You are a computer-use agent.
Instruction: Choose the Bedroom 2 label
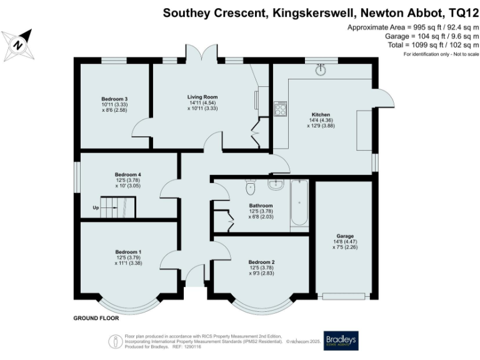coord(261,262)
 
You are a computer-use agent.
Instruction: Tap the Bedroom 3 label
coord(115,99)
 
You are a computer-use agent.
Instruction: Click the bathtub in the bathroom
coord(299,204)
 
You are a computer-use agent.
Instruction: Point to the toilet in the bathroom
coord(251,186)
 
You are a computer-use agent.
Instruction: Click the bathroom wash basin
coord(276,184)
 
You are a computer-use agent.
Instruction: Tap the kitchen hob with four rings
coord(280,109)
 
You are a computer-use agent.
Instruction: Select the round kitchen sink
coord(321,69)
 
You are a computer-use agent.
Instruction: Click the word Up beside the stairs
coord(96,207)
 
